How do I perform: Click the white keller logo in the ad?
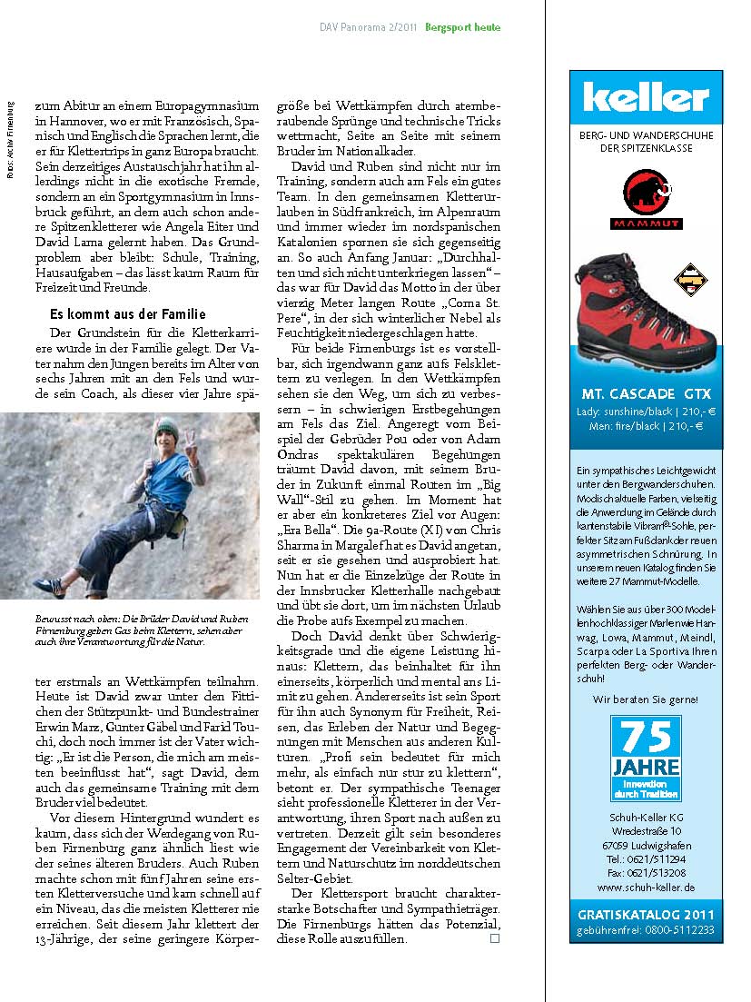click(646, 97)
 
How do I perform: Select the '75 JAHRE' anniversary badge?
click(646, 758)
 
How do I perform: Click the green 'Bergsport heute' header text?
click(463, 28)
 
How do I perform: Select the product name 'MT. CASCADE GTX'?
click(646, 393)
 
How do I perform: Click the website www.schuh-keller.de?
click(646, 887)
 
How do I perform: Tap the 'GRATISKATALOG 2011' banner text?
click(646, 914)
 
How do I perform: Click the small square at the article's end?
click(495, 938)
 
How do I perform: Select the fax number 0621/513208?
click(646, 872)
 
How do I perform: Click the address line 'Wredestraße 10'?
click(646, 829)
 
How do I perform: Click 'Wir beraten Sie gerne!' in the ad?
click(646, 699)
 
